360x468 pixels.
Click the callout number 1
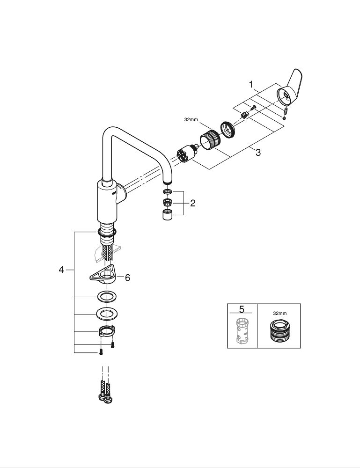pos(251,85)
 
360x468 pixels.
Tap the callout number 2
pos(192,203)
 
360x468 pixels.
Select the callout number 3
pos(258,153)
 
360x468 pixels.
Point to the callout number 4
pos(61,270)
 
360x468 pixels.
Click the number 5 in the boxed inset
pos(242,309)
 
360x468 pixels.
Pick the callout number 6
pos(127,278)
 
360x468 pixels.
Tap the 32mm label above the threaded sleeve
pos(191,120)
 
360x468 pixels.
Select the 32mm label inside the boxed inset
pos(279,313)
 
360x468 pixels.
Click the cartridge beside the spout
pos(187,154)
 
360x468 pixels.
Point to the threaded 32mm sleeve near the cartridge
pos(210,139)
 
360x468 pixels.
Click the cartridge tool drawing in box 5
pos(242,331)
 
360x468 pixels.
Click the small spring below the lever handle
pos(286,111)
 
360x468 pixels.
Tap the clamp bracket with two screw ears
pos(107,331)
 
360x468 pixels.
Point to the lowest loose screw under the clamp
pos(101,352)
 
